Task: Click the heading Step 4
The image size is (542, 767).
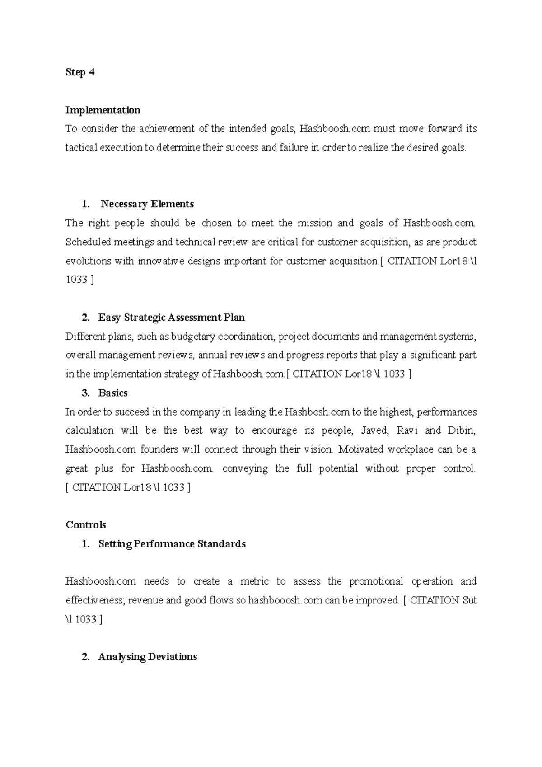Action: click(x=80, y=72)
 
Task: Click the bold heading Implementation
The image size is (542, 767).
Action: click(x=103, y=110)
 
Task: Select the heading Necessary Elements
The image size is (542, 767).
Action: click(x=147, y=204)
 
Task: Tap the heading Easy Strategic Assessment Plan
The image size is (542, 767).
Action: click(x=171, y=318)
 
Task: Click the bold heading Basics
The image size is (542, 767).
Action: click(x=113, y=393)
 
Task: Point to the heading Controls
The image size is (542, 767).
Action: click(x=86, y=525)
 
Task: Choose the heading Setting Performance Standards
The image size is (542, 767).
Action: click(x=172, y=544)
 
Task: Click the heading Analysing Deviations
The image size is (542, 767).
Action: click(x=148, y=657)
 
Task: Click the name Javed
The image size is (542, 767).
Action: click(x=374, y=430)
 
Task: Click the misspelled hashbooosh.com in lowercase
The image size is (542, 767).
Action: click(x=285, y=601)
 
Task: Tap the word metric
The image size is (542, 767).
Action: click(x=254, y=581)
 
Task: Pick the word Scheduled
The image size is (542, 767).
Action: click(x=88, y=242)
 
